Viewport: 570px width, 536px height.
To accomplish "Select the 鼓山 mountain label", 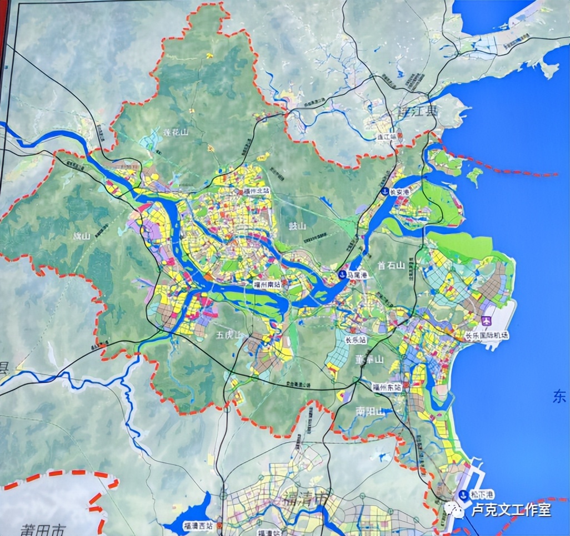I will (298, 226).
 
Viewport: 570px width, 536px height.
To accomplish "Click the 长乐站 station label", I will (356, 340).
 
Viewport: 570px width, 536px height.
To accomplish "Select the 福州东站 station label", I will (387, 387).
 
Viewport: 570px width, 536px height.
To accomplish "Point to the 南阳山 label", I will (369, 412).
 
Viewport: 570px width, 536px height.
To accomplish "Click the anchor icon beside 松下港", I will (463, 495).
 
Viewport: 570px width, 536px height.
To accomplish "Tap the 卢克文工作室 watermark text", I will (511, 509).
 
